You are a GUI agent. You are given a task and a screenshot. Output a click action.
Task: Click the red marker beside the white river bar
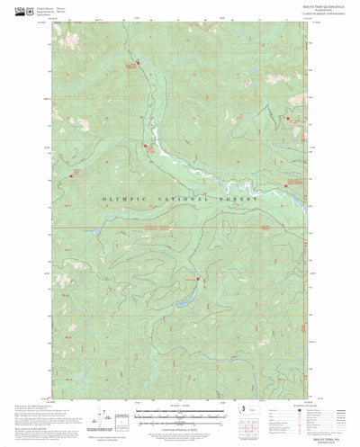click(x=145, y=145)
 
